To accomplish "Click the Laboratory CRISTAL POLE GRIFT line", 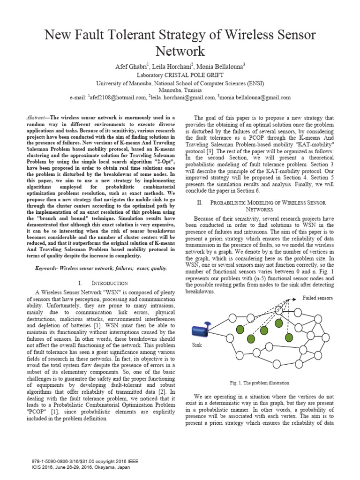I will pos(180,75).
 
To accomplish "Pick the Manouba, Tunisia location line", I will pos(180,90).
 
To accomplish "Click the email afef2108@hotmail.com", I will pos(118,97).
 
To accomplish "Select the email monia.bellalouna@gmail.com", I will pos(255,97).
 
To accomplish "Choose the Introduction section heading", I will pos(109,283).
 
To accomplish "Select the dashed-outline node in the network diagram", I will pos(280,309).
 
